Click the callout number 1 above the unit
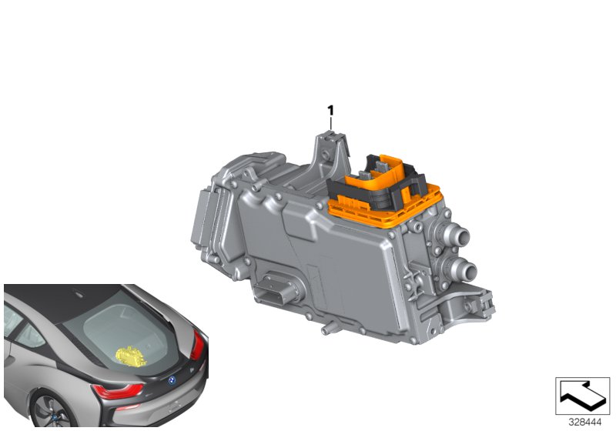click(x=330, y=111)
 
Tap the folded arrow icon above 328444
click(x=582, y=396)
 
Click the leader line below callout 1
click(x=331, y=125)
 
